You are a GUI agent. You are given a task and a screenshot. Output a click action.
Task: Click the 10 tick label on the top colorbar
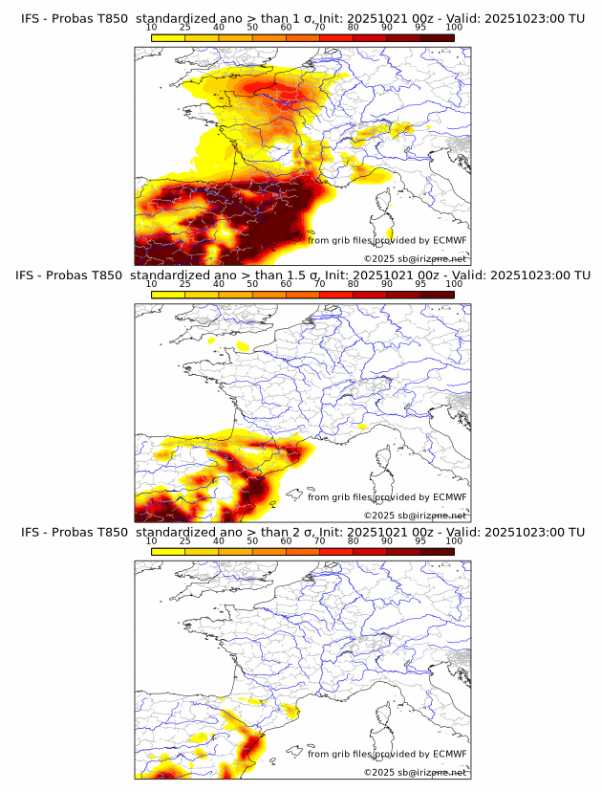152,28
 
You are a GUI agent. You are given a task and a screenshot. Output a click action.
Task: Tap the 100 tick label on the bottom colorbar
454,541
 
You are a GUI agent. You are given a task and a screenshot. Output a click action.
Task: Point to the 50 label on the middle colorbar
252,284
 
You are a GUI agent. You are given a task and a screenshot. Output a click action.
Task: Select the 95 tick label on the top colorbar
420,28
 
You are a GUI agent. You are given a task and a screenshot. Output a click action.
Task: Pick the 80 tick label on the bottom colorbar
354,541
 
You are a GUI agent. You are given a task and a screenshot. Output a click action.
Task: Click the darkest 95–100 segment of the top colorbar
437,37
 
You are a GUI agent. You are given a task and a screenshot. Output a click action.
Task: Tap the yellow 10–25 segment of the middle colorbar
168,295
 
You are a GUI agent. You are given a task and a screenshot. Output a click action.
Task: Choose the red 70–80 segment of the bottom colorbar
336,552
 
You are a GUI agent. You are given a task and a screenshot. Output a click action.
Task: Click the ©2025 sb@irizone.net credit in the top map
415,259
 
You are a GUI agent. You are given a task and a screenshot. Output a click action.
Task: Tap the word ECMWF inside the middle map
449,496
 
